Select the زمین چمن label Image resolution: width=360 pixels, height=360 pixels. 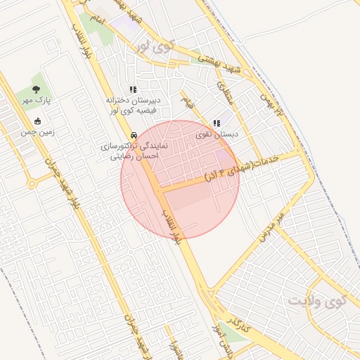(37, 131)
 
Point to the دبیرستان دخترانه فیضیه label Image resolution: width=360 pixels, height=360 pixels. (134, 105)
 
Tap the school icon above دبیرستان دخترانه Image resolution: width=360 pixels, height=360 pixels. (133, 89)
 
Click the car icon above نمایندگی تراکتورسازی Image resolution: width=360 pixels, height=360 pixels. (133, 135)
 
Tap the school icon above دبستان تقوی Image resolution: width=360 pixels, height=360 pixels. (217, 123)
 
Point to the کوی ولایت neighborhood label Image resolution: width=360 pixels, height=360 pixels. (318, 301)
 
